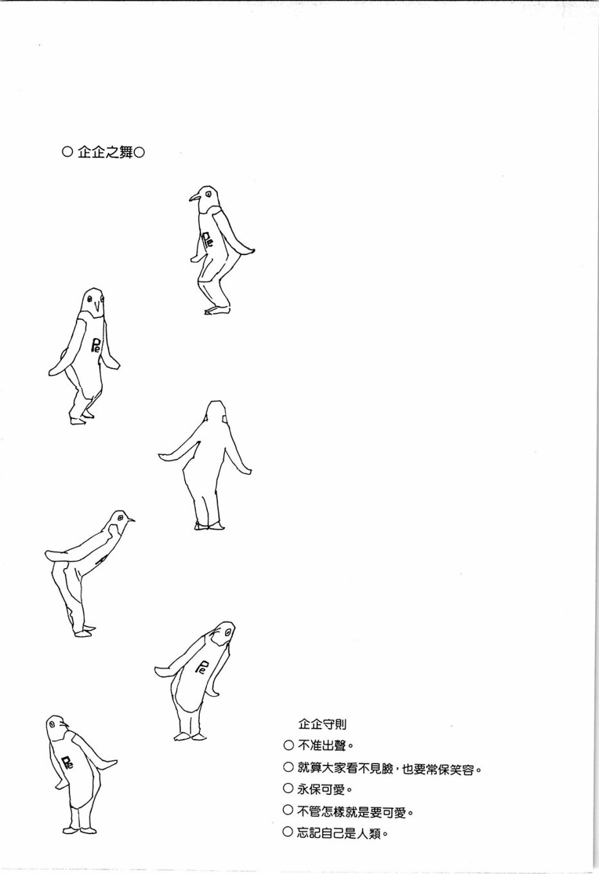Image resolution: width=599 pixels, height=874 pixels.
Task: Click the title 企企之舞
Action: click(x=105, y=152)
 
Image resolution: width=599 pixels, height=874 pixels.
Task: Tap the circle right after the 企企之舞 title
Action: click(x=139, y=152)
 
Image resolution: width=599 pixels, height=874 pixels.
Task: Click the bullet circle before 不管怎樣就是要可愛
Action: click(x=288, y=811)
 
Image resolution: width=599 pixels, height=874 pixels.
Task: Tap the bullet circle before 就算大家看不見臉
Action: click(x=288, y=767)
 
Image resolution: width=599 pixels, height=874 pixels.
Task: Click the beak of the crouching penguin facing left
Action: click(x=195, y=198)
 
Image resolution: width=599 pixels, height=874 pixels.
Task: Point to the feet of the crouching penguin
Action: click(x=217, y=310)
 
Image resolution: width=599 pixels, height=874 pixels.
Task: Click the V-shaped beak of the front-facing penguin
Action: click(x=98, y=309)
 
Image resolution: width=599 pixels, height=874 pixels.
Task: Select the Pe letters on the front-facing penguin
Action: click(x=96, y=344)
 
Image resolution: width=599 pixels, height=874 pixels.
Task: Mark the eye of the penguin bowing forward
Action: click(x=120, y=517)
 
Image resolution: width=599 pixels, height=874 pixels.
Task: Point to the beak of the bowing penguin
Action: click(x=130, y=519)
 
